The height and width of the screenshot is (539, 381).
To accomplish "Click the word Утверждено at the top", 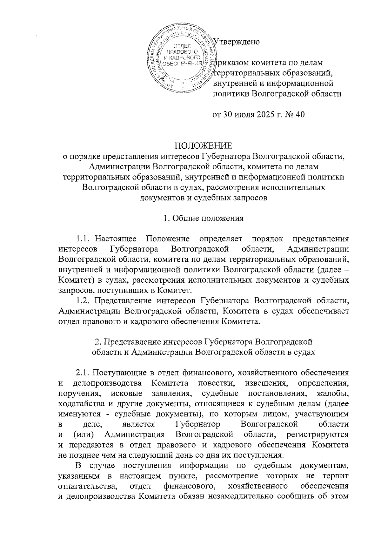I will click(x=237, y=42).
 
